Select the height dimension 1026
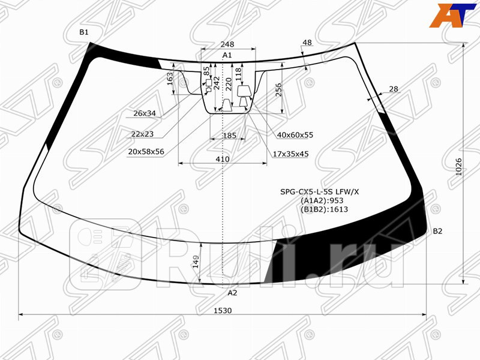(x=459, y=166)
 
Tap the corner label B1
(x=84, y=32)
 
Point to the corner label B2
(x=437, y=232)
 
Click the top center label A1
(x=227, y=55)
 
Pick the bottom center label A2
(x=232, y=293)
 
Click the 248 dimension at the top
(x=227, y=44)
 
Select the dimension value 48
(x=307, y=43)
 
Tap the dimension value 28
(x=394, y=89)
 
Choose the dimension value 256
(x=278, y=89)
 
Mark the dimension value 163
(x=170, y=79)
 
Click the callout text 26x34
(x=145, y=113)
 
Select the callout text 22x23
(x=142, y=134)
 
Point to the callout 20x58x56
(x=146, y=152)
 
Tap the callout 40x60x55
(x=295, y=135)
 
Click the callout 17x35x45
(x=290, y=154)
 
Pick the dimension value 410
(x=223, y=160)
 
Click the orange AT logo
(x=448, y=16)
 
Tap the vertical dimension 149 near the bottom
(x=196, y=262)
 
